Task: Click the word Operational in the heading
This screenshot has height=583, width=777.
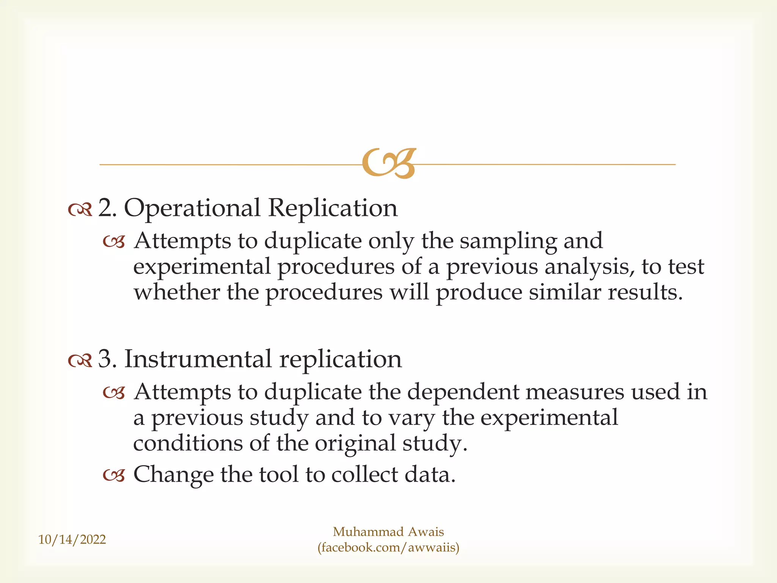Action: point(192,209)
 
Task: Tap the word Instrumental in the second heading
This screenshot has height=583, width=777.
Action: point(198,359)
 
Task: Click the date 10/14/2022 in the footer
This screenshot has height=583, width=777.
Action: point(72,539)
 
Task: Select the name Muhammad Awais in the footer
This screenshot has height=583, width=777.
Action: point(388,532)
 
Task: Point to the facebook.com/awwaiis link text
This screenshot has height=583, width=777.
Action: point(388,548)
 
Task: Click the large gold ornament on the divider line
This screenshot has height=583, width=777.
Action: point(389,163)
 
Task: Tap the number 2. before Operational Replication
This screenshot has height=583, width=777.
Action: point(107,208)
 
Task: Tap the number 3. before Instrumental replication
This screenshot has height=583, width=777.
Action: point(107,359)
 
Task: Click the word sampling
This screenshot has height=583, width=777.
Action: point(508,242)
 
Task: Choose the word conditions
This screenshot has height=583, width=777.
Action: point(188,443)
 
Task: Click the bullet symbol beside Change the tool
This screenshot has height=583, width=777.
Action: point(114,475)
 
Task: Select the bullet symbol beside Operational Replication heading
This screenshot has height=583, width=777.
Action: point(80,209)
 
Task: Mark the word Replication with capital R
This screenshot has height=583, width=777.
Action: point(333,209)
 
